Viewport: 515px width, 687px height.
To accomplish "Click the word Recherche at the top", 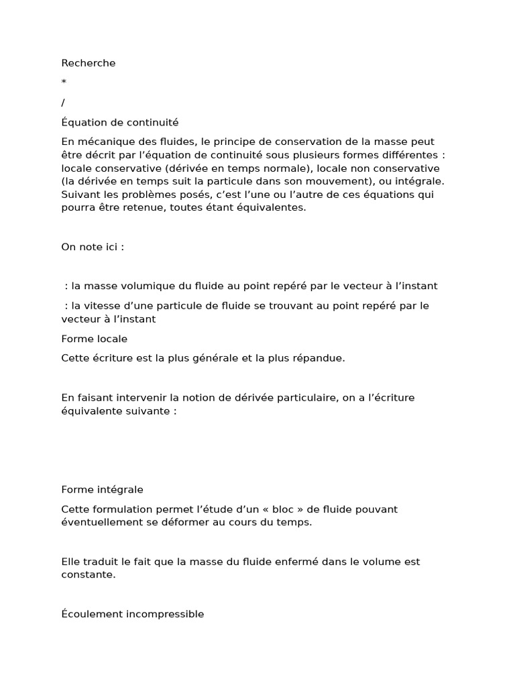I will (x=89, y=63).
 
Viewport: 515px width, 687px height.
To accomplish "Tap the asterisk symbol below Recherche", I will (x=64, y=83).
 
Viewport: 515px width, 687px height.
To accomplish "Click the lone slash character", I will (x=63, y=103).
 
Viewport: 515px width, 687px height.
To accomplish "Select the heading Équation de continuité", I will (x=120, y=122).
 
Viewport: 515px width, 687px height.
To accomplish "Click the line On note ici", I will (x=93, y=247).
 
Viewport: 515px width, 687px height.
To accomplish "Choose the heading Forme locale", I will (x=94, y=339).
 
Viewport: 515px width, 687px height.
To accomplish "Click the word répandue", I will (x=316, y=358).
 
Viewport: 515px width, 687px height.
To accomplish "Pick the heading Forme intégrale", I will (x=102, y=490).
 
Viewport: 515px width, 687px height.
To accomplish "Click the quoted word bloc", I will (x=278, y=509).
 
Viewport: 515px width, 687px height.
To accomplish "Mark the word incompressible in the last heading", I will (x=166, y=614).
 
